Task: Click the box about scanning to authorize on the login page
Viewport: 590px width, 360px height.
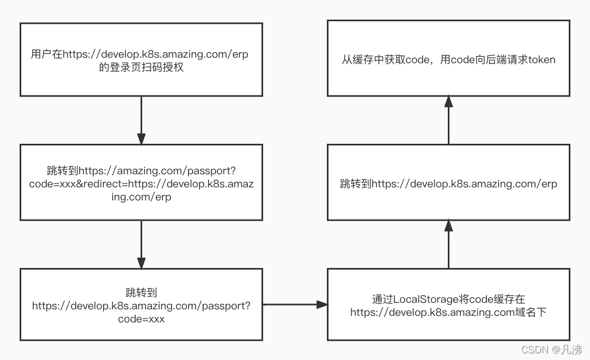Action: coord(141,59)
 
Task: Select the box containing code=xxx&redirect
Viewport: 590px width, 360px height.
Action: coord(141,182)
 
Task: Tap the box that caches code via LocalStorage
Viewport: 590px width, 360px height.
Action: coord(448,305)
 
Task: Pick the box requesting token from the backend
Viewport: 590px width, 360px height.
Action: coord(448,58)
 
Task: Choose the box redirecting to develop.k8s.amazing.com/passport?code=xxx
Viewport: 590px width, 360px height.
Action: coord(141,305)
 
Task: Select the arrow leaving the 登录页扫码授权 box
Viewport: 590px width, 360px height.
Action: coord(141,120)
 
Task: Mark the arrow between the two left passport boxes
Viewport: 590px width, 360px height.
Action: coord(141,244)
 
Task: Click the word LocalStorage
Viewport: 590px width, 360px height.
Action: coord(419,299)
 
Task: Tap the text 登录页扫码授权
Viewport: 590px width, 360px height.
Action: coord(142,68)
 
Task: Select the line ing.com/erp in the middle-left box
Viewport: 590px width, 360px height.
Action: coord(141,197)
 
